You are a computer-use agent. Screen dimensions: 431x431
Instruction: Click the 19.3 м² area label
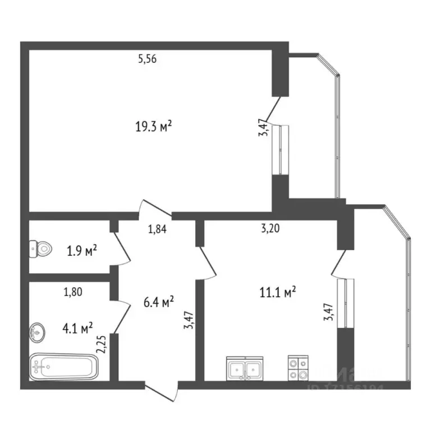(x=153, y=127)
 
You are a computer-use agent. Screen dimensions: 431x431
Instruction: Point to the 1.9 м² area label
(x=82, y=250)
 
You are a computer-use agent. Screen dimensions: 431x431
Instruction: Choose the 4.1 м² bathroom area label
(x=78, y=327)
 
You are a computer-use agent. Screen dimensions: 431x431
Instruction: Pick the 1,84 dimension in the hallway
(x=158, y=228)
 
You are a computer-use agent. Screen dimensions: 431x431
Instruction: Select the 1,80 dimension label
(x=74, y=291)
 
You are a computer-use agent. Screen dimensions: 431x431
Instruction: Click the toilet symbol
(x=40, y=247)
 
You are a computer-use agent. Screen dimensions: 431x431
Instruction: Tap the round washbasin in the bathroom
(x=37, y=332)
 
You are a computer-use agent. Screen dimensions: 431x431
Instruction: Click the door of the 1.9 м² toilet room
(x=122, y=249)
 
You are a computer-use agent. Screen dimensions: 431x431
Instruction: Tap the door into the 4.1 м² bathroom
(x=121, y=315)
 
